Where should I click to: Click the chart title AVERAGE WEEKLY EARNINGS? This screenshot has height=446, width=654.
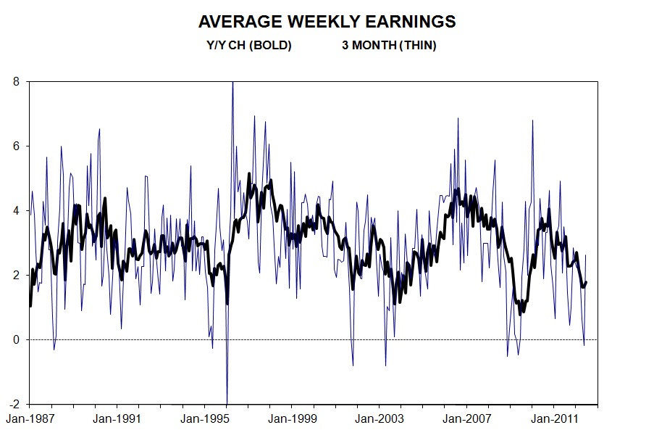coord(327,22)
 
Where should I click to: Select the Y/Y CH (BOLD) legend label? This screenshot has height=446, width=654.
coord(249,46)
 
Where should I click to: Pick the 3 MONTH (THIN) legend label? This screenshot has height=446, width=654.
coord(389,46)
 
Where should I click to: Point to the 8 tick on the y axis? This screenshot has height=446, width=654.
coord(17,81)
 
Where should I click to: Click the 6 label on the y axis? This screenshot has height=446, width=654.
coord(17,146)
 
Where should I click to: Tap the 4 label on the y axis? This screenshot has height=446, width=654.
coord(17,210)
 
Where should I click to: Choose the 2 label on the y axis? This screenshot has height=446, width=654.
coord(17,275)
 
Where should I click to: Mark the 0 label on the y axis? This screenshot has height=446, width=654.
coord(17,339)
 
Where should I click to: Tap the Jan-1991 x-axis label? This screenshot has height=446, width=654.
coord(117,418)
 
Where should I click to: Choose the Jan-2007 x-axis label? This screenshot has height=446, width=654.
coord(466,418)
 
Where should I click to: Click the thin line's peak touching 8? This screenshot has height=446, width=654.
coord(232,83)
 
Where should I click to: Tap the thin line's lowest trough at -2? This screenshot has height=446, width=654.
coord(227,402)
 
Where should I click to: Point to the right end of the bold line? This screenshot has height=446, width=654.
coord(586,282)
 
